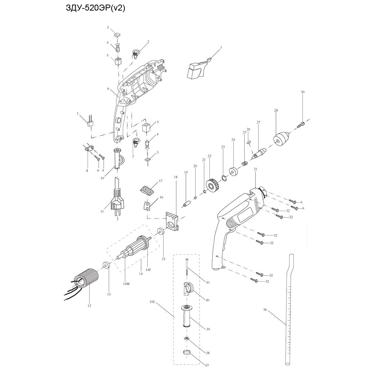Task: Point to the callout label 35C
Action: (x=152, y=302)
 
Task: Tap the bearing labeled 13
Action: (x=106, y=266)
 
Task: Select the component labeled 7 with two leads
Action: (x=91, y=123)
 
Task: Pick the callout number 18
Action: (x=175, y=177)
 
